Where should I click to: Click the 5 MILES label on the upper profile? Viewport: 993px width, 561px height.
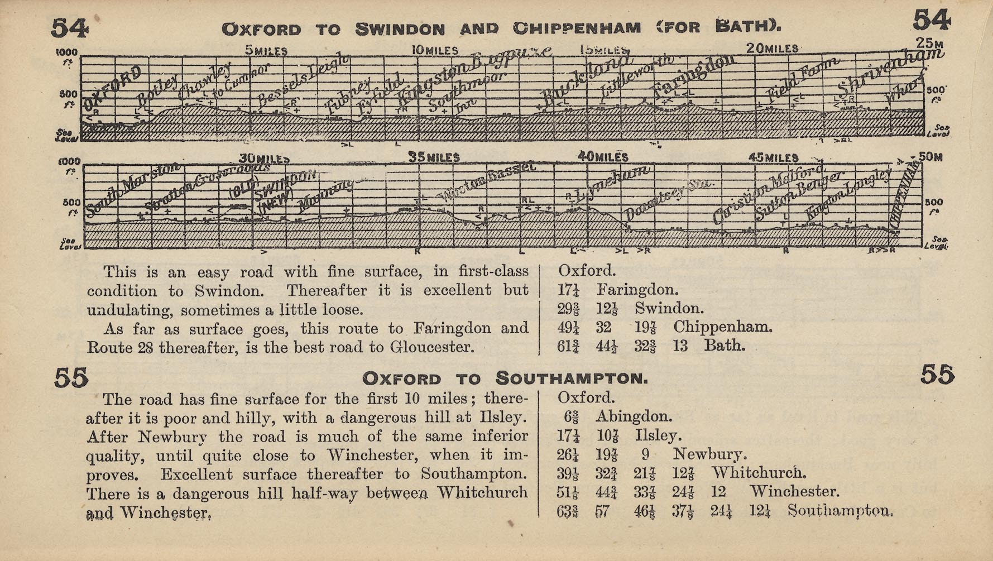coord(266,51)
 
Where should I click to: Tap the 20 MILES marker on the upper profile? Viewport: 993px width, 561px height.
coord(772,49)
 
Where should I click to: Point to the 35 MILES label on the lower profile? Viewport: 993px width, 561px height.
coord(434,157)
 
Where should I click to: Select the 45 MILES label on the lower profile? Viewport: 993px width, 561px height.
coord(773,157)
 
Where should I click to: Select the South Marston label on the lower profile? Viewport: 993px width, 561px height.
coord(133,189)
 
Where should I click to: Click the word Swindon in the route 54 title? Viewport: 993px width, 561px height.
coord(400,29)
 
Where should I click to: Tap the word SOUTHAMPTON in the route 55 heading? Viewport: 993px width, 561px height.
coord(572,379)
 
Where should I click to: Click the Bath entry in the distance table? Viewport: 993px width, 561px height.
coord(724,346)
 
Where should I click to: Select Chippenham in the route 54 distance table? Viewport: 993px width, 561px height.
coord(723,327)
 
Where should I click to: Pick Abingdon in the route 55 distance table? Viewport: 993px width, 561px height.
coord(634,416)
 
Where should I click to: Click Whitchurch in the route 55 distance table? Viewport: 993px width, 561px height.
coord(759,473)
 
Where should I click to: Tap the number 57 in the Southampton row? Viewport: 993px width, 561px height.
coord(602,511)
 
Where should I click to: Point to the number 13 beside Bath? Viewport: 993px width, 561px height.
coord(680,346)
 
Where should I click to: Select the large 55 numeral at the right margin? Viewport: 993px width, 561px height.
coord(937,375)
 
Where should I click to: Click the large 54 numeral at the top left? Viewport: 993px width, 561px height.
coord(69,28)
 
